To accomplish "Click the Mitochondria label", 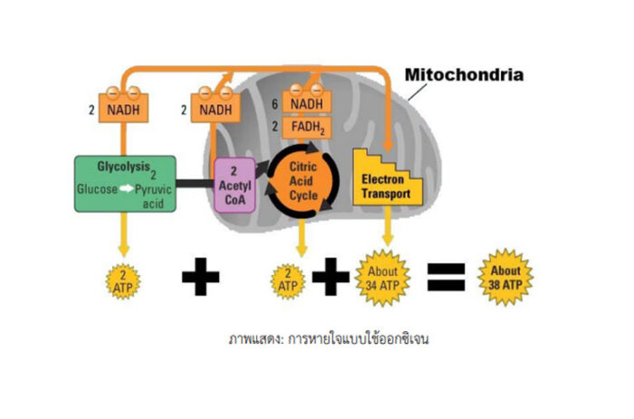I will click(464, 74).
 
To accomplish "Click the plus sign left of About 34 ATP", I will click(333, 278).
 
